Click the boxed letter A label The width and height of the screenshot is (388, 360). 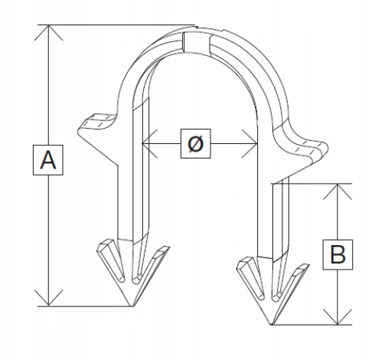click(x=48, y=160)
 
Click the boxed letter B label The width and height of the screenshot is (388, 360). click(x=337, y=254)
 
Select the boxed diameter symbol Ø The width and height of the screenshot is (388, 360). click(x=196, y=143)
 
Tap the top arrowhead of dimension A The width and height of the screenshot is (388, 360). click(x=48, y=32)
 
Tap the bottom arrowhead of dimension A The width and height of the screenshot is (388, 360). click(x=48, y=298)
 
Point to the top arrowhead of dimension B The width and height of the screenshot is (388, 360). click(x=337, y=191)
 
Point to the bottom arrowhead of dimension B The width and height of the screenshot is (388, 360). click(x=337, y=317)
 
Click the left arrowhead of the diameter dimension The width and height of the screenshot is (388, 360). click(x=149, y=143)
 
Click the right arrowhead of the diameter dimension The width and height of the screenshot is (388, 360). click(x=250, y=143)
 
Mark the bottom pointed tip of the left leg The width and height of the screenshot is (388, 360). click(x=132, y=306)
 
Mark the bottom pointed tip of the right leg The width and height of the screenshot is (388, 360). click(x=272, y=324)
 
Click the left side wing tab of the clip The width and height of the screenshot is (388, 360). click(x=98, y=124)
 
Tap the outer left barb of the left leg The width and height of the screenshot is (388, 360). click(x=110, y=259)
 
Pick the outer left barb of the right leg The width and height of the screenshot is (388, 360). click(x=250, y=277)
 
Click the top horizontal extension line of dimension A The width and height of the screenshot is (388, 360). click(x=116, y=25)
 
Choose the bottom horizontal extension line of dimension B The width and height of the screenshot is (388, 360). click(x=311, y=325)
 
